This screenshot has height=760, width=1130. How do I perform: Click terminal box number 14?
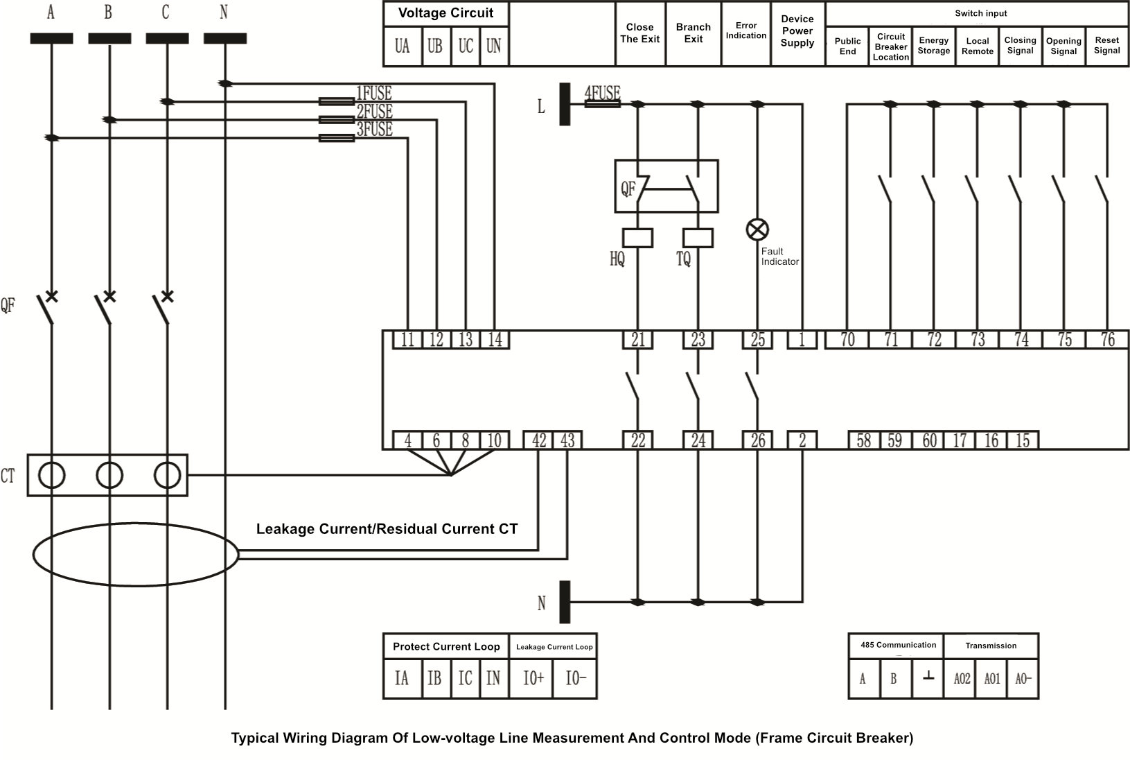(x=495, y=340)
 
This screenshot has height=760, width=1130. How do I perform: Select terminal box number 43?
(x=567, y=440)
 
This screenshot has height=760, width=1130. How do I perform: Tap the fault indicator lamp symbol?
(x=757, y=229)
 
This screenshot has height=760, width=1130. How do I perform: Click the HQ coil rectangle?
(x=637, y=238)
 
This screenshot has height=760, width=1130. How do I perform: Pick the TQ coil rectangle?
(x=698, y=238)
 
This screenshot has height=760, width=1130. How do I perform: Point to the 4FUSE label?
(x=602, y=92)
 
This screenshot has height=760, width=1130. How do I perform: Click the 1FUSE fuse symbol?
(x=337, y=101)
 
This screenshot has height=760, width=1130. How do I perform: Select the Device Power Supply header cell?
(x=797, y=32)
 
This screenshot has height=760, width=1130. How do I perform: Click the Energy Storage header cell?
(x=933, y=46)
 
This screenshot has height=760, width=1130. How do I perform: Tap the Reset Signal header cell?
(x=1106, y=46)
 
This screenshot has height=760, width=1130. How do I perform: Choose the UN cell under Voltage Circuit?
(x=493, y=46)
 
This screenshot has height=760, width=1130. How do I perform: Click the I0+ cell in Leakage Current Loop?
(x=532, y=678)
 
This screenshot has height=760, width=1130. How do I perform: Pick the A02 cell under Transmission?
(x=962, y=679)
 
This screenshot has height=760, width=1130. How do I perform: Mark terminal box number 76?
(x=1107, y=340)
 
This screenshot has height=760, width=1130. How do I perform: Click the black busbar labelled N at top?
(x=224, y=39)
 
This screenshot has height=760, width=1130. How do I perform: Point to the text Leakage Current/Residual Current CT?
(x=387, y=529)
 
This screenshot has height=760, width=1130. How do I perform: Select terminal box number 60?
(x=929, y=440)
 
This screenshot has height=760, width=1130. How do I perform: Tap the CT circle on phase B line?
(x=109, y=476)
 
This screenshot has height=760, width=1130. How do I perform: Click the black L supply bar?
(x=565, y=104)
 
